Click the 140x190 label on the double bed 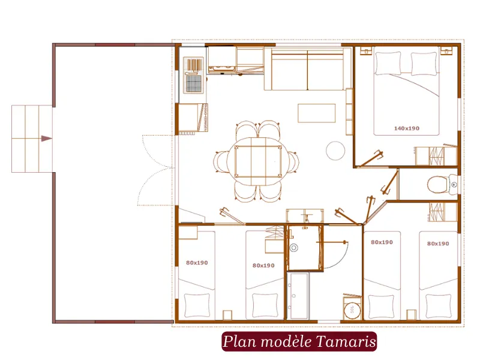[x=406, y=128]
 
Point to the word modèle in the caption [x=283, y=342]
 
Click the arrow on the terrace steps [x=46, y=139]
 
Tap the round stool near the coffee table [x=335, y=150]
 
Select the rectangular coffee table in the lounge [x=316, y=113]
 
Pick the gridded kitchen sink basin [x=194, y=83]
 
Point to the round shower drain [x=294, y=247]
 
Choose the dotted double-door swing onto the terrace [x=157, y=170]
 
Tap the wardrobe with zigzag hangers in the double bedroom [x=431, y=156]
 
